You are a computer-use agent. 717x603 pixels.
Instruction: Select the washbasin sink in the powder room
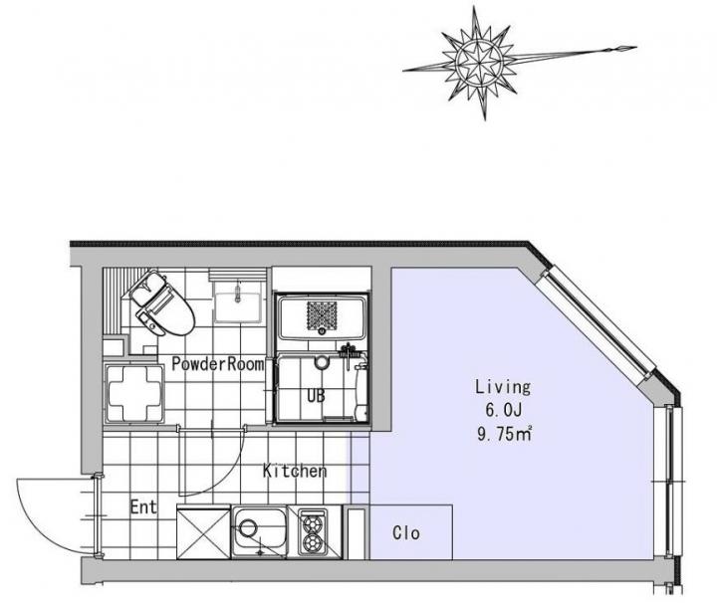238,301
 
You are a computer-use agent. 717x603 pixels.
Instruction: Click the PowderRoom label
218,364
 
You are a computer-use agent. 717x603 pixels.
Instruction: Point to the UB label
316,396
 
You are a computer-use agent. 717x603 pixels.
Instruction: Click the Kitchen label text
295,471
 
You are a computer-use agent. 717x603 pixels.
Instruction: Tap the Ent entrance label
143,506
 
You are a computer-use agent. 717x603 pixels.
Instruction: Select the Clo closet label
406,532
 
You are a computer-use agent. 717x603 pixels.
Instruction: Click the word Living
503,387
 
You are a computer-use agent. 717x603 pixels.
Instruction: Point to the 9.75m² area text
504,434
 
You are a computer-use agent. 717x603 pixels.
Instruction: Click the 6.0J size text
503,410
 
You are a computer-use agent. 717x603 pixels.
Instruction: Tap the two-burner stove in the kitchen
313,531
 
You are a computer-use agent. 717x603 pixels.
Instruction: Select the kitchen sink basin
259,531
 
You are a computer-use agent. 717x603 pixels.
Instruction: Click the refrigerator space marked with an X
203,533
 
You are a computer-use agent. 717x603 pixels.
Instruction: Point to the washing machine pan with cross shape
134,393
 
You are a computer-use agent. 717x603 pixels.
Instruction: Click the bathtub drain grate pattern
322,314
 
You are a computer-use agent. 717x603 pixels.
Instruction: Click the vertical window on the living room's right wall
671,481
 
